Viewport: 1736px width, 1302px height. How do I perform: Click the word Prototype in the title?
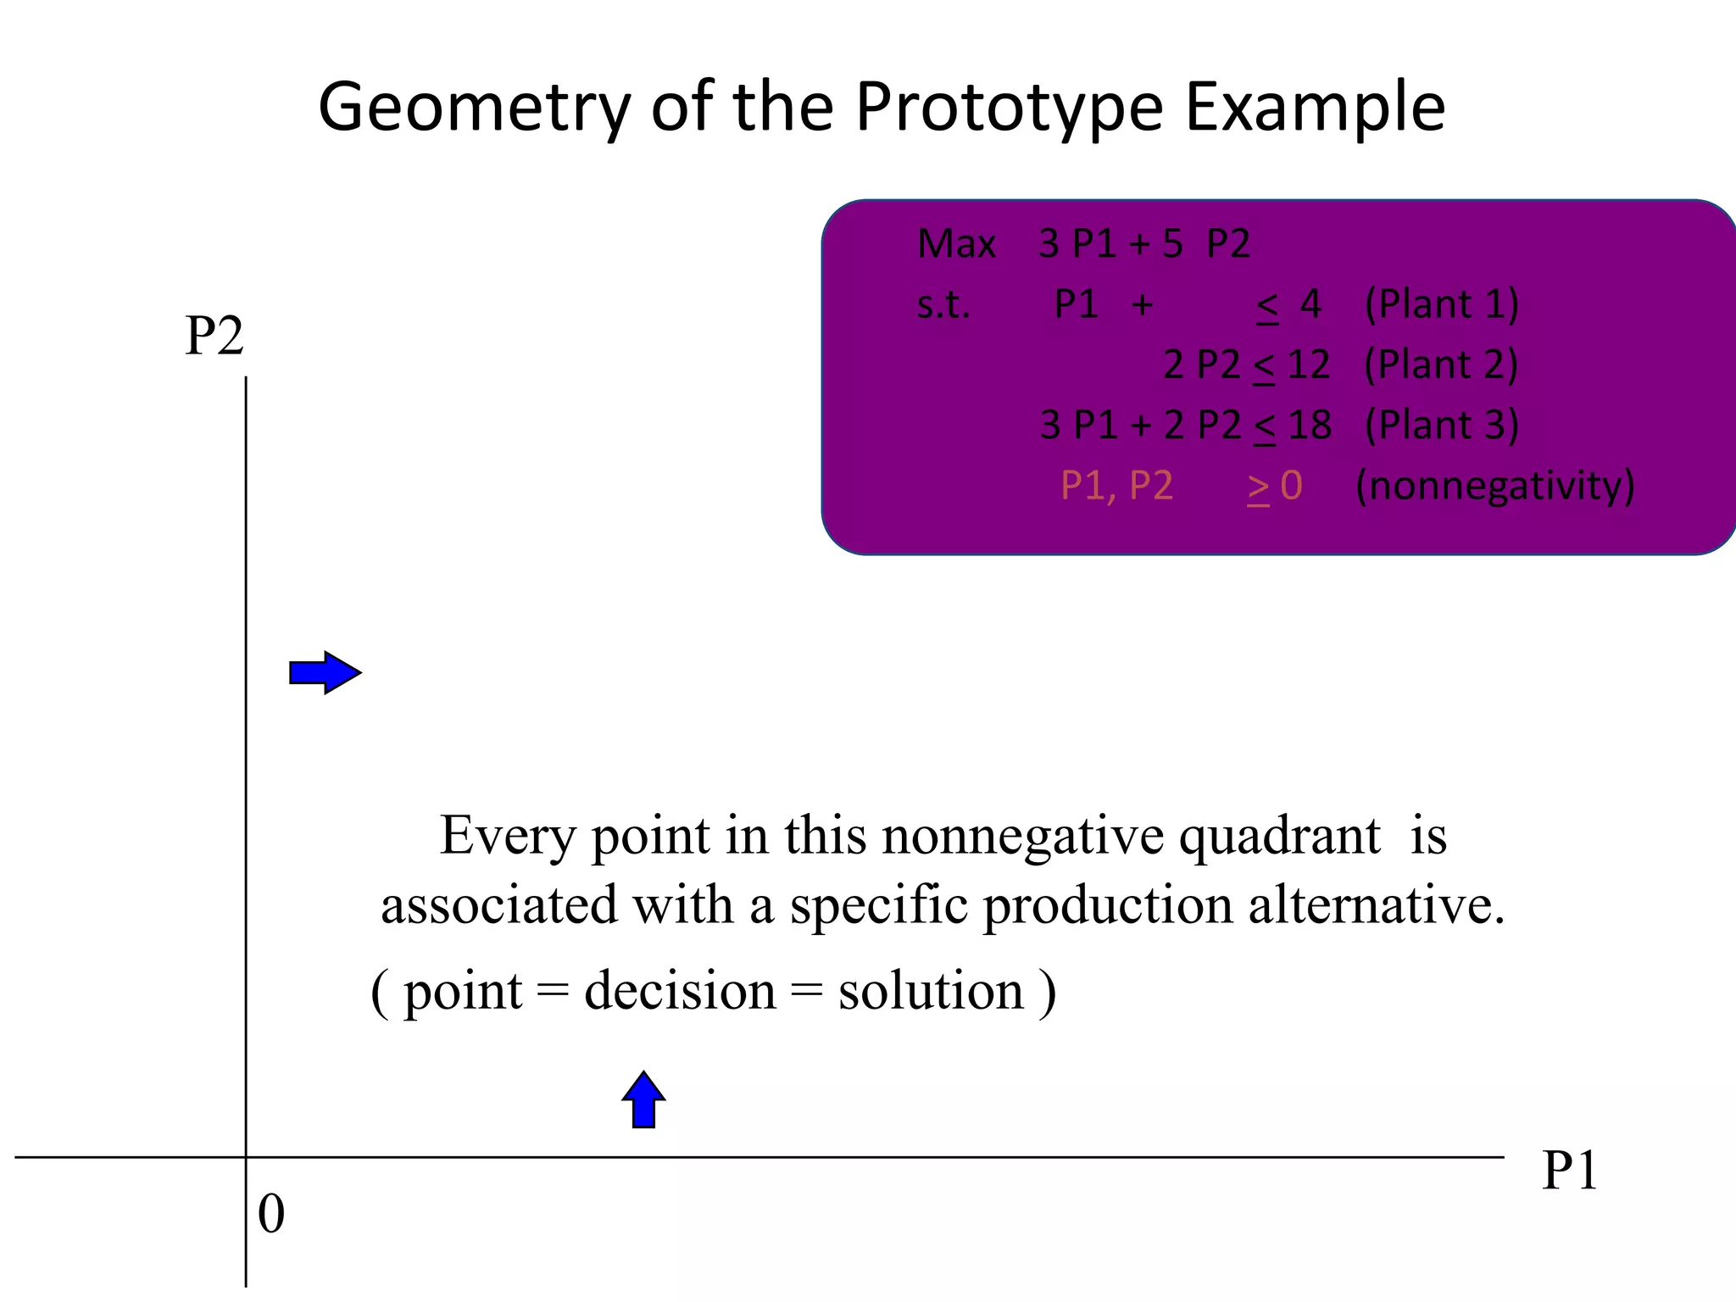pyautogui.click(x=1009, y=108)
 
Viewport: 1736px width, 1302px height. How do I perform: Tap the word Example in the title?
pyautogui.click(x=1315, y=108)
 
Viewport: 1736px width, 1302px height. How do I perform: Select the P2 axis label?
pyautogui.click(x=214, y=336)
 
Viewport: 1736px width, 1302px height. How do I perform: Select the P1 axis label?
pyautogui.click(x=1570, y=1171)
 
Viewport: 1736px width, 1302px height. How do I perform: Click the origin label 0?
pyautogui.click(x=271, y=1214)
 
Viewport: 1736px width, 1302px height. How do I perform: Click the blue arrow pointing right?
pyautogui.click(x=325, y=673)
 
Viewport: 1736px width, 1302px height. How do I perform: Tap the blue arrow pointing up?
pyautogui.click(x=643, y=1099)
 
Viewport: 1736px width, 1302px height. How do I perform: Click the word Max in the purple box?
pyautogui.click(x=956, y=244)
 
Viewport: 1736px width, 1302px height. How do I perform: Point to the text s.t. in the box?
pyautogui.click(x=943, y=304)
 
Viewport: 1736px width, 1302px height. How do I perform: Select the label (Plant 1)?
pyautogui.click(x=1441, y=304)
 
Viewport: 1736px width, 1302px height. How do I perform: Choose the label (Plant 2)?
pyautogui.click(x=1441, y=364)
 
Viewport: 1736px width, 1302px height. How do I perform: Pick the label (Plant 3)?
pyautogui.click(x=1441, y=425)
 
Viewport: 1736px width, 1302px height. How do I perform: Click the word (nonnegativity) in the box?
pyautogui.click(x=1494, y=486)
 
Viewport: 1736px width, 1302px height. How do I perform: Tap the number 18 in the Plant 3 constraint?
pyautogui.click(x=1310, y=425)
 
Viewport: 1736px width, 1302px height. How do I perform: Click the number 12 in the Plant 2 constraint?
pyautogui.click(x=1308, y=364)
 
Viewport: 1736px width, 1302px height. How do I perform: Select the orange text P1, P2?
pyautogui.click(x=1116, y=486)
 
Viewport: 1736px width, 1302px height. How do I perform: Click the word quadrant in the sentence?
pyautogui.click(x=1279, y=837)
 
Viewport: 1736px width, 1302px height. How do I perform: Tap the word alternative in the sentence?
pyautogui.click(x=1376, y=905)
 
